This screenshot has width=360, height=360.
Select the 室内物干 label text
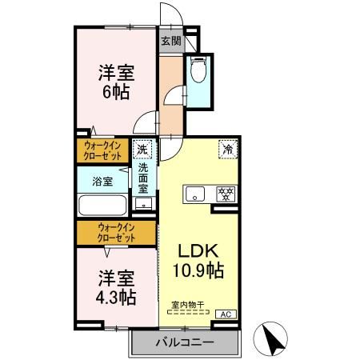point(188,305)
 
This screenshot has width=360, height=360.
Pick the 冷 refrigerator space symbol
point(227,149)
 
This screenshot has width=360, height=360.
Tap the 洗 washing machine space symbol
point(142,149)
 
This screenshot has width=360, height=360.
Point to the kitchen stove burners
point(226,194)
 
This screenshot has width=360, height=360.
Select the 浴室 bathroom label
point(102,182)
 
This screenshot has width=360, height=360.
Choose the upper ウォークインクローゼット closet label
point(104,150)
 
